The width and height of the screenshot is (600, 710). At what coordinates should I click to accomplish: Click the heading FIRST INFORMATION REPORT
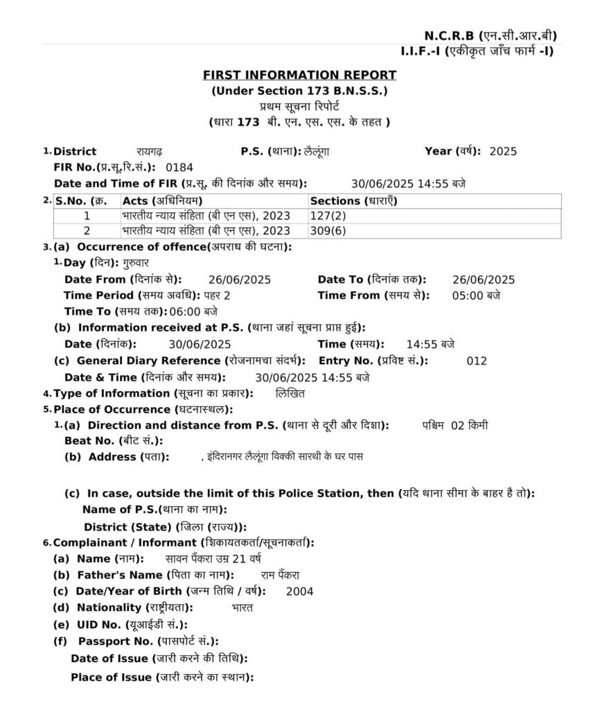pyautogui.click(x=299, y=75)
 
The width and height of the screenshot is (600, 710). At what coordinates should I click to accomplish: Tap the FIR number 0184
pyautogui.click(x=179, y=167)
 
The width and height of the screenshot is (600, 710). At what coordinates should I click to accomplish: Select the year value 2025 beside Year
pyautogui.click(x=502, y=151)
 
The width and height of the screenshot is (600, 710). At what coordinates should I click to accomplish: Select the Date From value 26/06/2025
pyautogui.click(x=239, y=279)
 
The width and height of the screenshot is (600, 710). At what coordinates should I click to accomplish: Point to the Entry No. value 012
pyautogui.click(x=477, y=361)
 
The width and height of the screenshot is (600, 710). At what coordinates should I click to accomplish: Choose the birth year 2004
pyautogui.click(x=299, y=591)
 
